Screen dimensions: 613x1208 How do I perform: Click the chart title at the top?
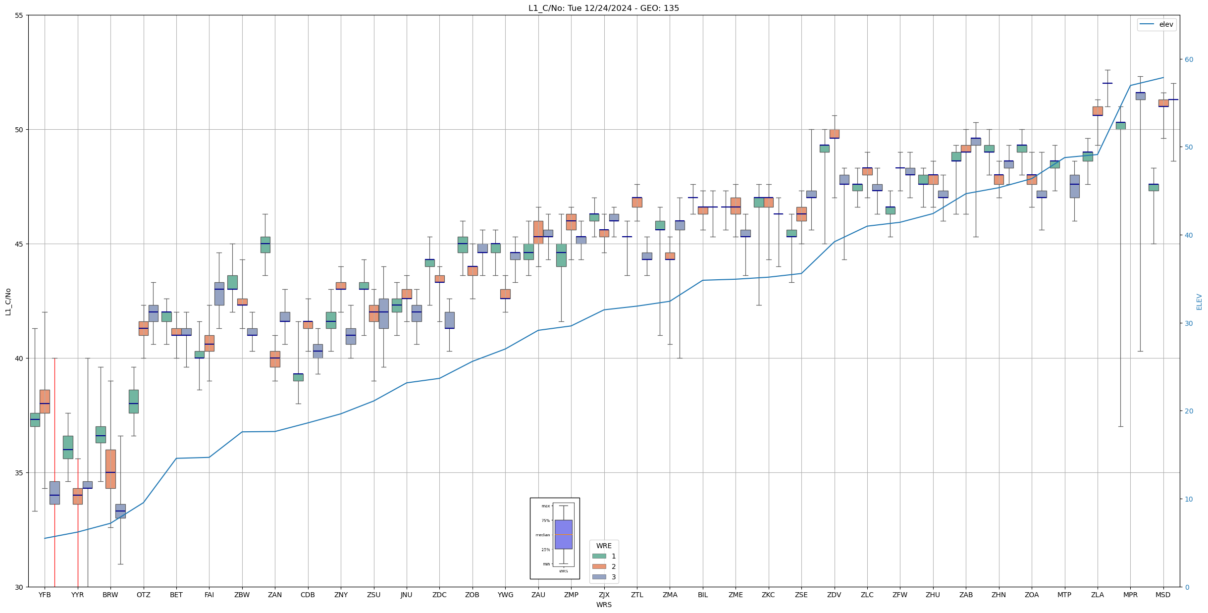[x=603, y=8]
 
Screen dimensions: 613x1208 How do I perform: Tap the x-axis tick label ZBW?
[x=242, y=595]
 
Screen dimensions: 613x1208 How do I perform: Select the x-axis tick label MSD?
[x=1163, y=595]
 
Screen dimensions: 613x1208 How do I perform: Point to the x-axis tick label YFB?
[x=45, y=595]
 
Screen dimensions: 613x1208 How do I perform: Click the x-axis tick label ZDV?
[x=834, y=595]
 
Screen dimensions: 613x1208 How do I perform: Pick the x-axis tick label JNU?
[x=406, y=595]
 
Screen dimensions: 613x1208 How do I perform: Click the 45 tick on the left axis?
[x=19, y=244]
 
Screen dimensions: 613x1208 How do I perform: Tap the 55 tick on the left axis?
[x=19, y=15]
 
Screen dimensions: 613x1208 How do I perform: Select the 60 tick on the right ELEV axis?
[x=1189, y=60]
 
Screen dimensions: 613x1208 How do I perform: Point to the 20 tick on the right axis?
[x=1189, y=411]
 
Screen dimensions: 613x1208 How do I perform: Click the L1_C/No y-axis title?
[x=8, y=301]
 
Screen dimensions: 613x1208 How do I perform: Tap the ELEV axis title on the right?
[x=1199, y=302]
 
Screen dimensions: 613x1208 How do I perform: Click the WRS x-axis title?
[x=604, y=605]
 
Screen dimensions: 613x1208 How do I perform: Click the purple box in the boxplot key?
[x=563, y=534]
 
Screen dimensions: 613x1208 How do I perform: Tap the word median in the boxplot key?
[x=542, y=535]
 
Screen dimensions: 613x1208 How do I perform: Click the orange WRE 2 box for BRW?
[x=110, y=468]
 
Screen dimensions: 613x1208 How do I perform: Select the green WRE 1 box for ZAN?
[x=265, y=245]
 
